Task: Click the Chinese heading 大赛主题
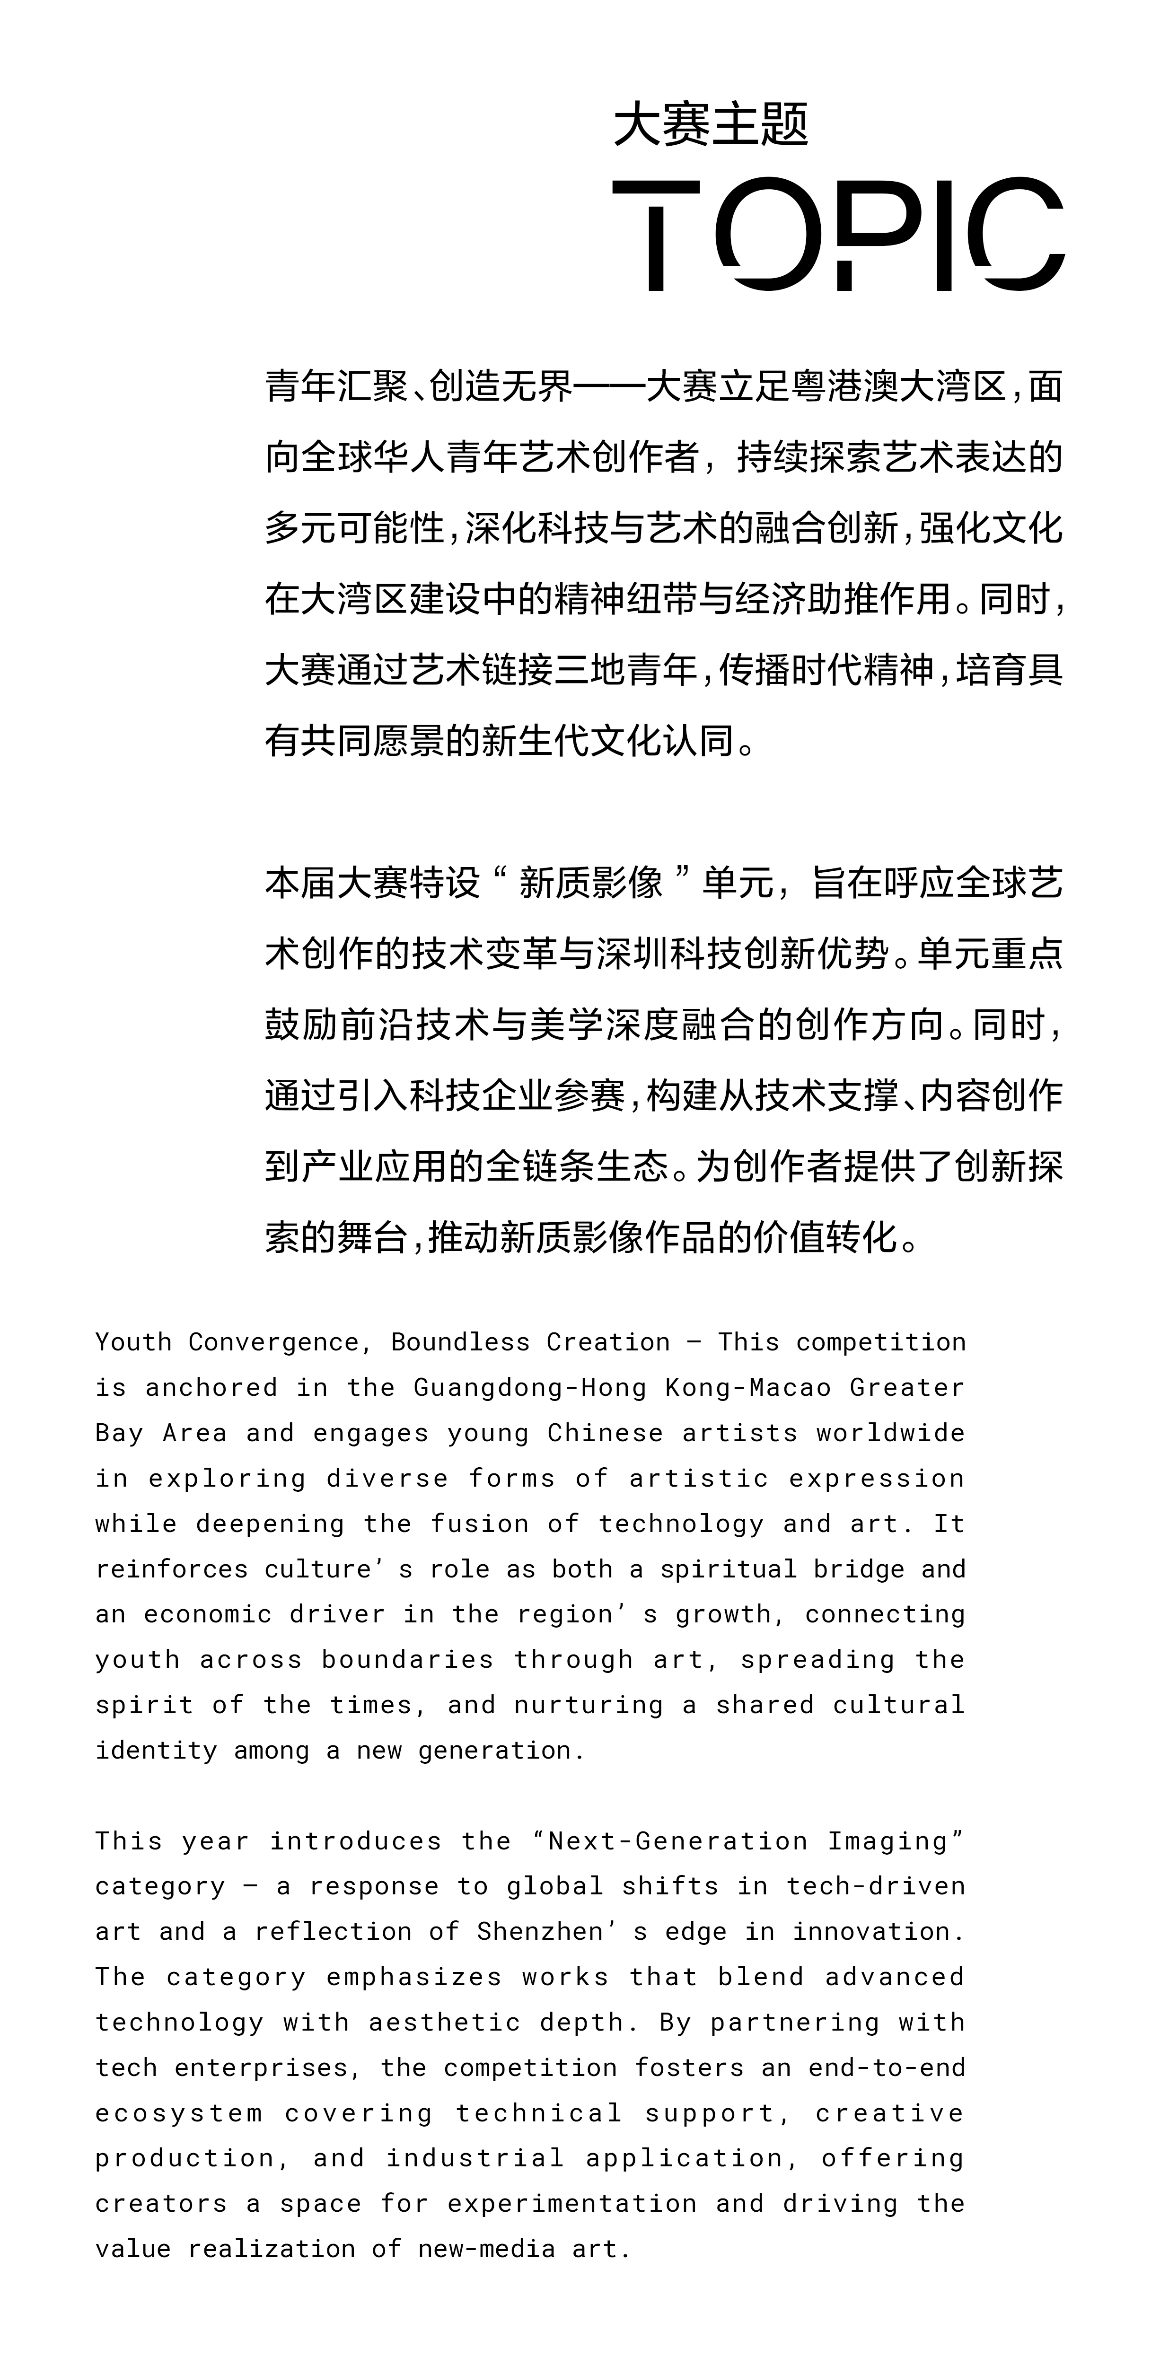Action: (710, 125)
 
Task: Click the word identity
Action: (155, 1751)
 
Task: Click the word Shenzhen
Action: (539, 1932)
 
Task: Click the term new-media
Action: (486, 2249)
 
